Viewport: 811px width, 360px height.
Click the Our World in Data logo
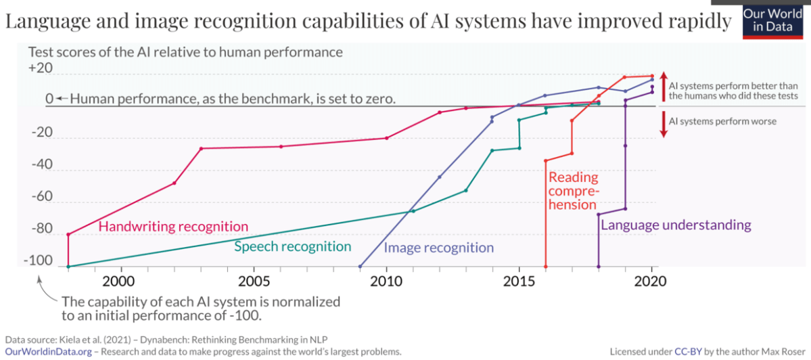pos(776,20)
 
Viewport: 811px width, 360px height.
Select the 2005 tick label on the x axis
pos(253,280)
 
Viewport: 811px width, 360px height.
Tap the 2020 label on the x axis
pos(651,280)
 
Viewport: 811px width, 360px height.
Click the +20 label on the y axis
pos(40,68)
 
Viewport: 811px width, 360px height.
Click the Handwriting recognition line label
pos(174,227)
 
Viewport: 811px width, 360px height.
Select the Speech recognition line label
pos(292,246)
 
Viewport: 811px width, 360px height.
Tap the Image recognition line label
pos(438,248)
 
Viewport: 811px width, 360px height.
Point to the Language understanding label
pos(676,225)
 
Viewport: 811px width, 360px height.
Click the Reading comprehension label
pos(573,191)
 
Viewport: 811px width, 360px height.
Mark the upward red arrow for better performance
pos(664,85)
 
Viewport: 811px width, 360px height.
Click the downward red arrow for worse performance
pos(664,124)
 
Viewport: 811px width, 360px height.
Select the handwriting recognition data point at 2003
pos(201,148)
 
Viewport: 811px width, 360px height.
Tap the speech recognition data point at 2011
pos(413,210)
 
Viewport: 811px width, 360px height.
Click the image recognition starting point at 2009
pos(360,267)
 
